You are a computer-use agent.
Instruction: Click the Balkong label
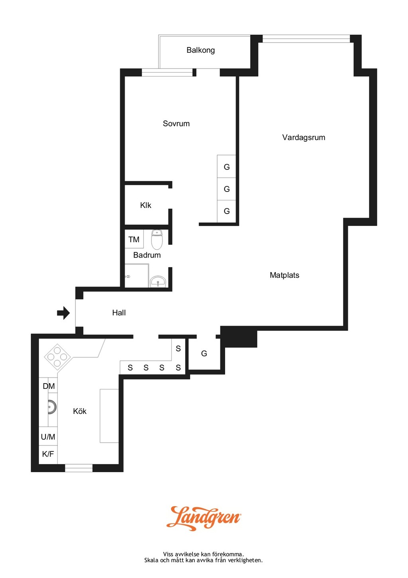tap(200, 50)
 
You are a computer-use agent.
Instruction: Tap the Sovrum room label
tap(176, 124)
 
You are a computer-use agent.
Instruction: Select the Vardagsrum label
tap(304, 138)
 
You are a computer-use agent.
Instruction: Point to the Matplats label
tap(284, 275)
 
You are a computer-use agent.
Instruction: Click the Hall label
tap(119, 313)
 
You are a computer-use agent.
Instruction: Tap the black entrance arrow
tap(63, 313)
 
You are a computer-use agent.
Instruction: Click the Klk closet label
tap(145, 206)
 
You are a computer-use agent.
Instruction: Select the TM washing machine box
tap(134, 239)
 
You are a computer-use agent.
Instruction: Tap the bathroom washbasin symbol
tap(158, 281)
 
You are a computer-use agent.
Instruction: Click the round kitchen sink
tap(52, 407)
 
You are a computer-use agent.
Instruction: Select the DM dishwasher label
tap(49, 386)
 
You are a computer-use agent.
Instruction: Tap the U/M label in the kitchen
tap(48, 437)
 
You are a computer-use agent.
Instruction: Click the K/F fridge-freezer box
tap(48, 454)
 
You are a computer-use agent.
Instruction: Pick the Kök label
tap(80, 411)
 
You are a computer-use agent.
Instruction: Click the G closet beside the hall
tap(204, 354)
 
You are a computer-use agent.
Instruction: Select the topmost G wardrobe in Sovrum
tap(226, 166)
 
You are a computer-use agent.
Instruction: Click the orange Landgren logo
tap(204, 518)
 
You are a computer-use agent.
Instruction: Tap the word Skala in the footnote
tap(151, 560)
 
